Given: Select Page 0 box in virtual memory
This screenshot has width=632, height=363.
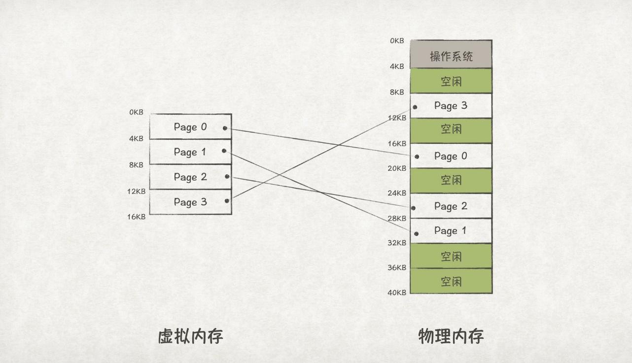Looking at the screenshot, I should tap(190, 127).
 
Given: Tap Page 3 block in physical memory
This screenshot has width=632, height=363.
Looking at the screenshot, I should tap(451, 105).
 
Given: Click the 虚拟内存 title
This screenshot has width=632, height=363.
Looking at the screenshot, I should tap(190, 336).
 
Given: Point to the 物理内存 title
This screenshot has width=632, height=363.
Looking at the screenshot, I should tap(451, 336).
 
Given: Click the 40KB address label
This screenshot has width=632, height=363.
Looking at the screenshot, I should tap(397, 293).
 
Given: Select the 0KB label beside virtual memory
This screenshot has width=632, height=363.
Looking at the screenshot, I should tap(136, 112).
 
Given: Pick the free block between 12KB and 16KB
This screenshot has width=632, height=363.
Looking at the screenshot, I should tap(451, 130).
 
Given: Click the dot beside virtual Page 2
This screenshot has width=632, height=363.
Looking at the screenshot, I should tap(227, 176).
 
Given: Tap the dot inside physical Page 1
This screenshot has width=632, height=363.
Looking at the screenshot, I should tap(417, 233).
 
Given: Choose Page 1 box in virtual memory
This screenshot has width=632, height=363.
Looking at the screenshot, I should tap(190, 152).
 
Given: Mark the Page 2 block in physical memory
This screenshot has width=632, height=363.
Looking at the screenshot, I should tap(451, 206).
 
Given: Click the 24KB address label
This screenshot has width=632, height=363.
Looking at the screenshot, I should tap(397, 193).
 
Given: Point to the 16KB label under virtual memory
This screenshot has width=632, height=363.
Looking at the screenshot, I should tap(136, 217).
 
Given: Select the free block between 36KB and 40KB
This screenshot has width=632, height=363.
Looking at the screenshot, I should tap(451, 281).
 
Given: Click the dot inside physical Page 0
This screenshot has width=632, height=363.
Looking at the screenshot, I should tap(417, 157).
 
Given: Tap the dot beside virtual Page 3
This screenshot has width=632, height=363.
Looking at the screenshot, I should tap(227, 200).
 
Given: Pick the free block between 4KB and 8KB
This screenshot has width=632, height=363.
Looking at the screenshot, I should tap(451, 81).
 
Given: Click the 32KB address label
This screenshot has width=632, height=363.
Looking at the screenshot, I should tap(397, 243).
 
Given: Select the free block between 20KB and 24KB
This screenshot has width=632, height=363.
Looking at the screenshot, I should tap(451, 180).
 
